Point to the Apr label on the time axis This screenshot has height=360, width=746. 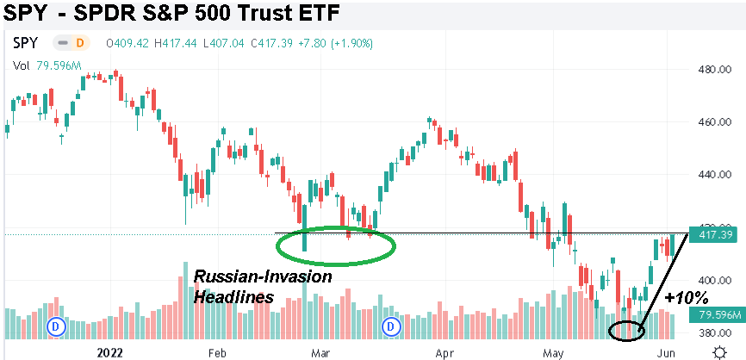coord(444,352)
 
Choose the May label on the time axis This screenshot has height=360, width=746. coord(552,352)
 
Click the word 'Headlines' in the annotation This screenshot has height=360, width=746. coord(233,295)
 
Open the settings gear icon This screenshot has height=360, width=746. coord(719,351)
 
